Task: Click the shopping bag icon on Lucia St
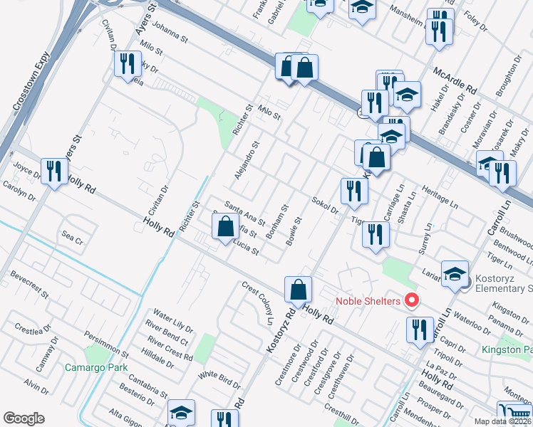click(226, 228)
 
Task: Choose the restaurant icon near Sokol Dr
click(353, 191)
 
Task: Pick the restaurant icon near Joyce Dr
click(54, 172)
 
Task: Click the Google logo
click(24, 418)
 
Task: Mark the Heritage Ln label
click(440, 199)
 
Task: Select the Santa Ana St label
click(244, 211)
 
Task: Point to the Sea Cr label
click(73, 238)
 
